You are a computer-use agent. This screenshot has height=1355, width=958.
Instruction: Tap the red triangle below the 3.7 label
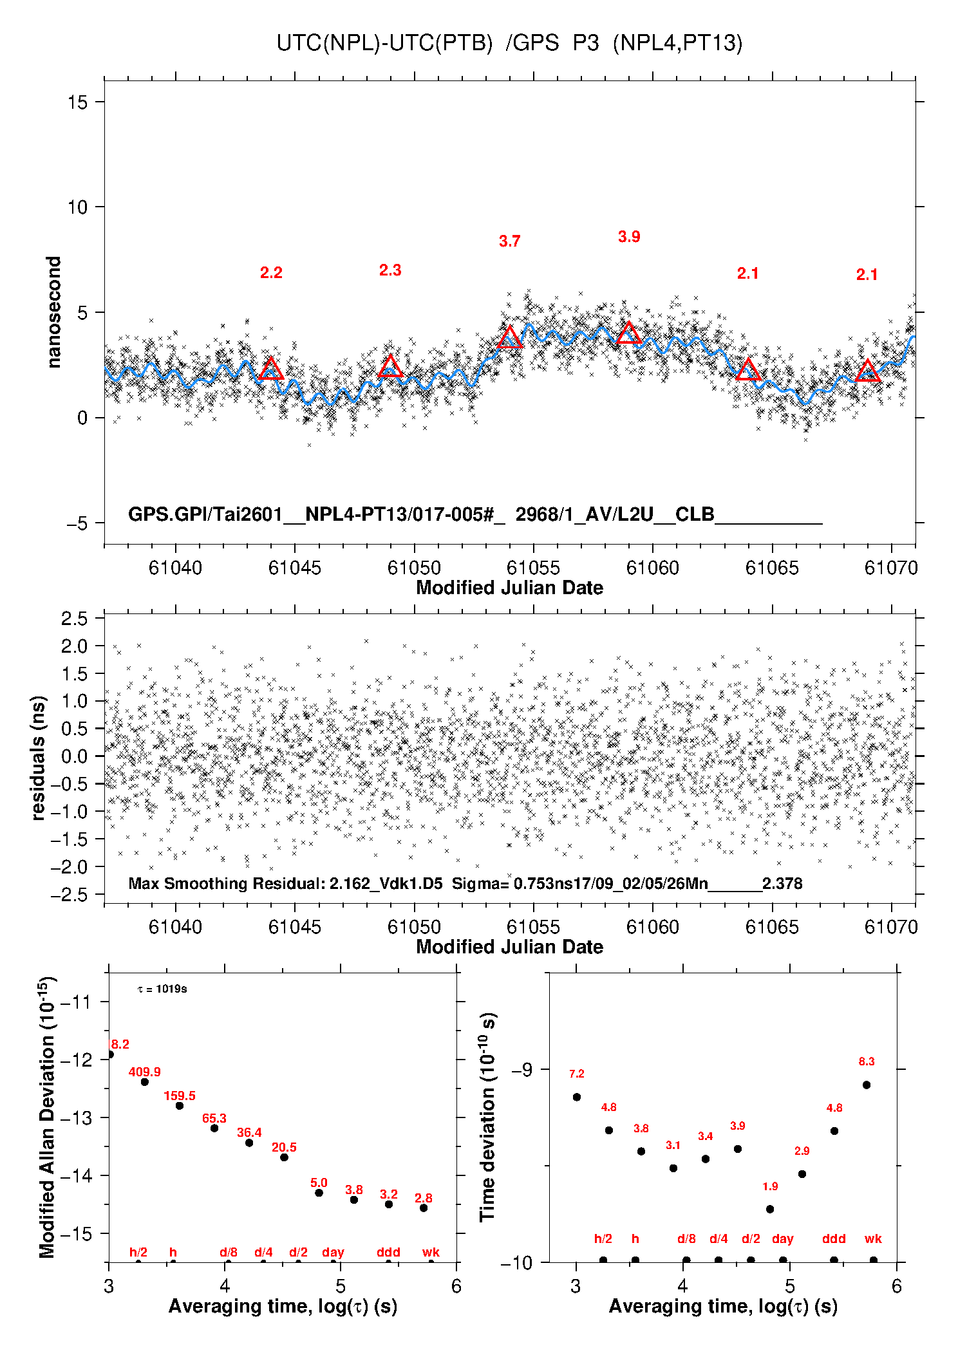coord(510,337)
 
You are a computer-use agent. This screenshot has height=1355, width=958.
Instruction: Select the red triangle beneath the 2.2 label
coord(271,369)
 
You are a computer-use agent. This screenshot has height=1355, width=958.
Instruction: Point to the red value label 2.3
coord(390,270)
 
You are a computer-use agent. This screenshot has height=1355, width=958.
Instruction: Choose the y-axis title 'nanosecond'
coord(54,312)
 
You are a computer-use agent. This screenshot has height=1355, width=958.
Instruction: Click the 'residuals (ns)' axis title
coord(39,758)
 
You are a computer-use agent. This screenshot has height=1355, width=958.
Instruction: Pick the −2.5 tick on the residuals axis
coord(73,895)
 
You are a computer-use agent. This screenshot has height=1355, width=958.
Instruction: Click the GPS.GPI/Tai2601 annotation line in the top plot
coord(475,514)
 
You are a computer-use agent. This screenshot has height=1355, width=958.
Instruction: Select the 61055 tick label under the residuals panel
coord(533,927)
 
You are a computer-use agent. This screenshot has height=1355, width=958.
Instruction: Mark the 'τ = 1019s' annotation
coord(162,989)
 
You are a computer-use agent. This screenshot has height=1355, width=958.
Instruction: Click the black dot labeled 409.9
coord(145,1081)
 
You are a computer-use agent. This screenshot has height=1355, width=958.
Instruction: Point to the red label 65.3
coord(214,1118)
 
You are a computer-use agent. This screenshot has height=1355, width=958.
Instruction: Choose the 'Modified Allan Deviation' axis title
coord(47,1117)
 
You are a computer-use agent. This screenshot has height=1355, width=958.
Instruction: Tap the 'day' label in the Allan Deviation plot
coord(333,1252)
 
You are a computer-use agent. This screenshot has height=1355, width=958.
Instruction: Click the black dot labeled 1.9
coord(770,1209)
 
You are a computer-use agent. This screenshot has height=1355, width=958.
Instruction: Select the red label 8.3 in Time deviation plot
coord(867,1061)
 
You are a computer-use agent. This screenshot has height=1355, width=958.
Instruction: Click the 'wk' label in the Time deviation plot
coord(873,1238)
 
